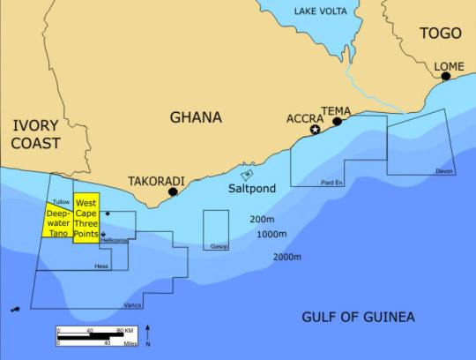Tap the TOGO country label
coord(440,33)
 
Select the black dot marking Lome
coord(446,76)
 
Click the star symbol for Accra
coord(316,130)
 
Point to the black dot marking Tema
coord(337,122)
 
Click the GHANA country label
coord(196,117)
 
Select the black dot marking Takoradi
coord(174,191)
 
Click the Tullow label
coord(61,202)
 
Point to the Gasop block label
coord(219,246)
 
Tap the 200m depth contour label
coord(262,219)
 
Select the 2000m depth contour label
coord(287,257)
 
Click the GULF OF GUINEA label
coord(358,318)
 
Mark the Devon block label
coord(443,171)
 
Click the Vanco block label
coord(133,305)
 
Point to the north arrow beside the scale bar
coord(148,335)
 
